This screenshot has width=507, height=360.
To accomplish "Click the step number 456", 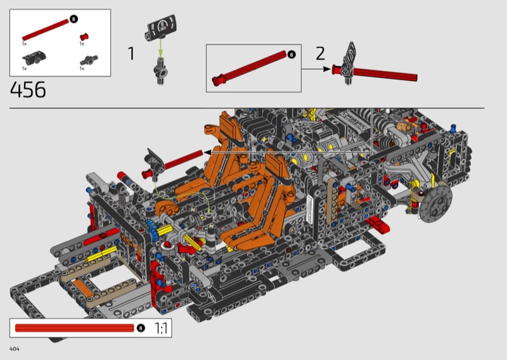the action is pyautogui.click(x=28, y=89).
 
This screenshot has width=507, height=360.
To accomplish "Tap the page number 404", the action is pyautogui.click(x=15, y=349).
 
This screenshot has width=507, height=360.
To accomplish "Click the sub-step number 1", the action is pyautogui.click(x=131, y=53).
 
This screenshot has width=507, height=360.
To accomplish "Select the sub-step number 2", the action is pyautogui.click(x=320, y=53).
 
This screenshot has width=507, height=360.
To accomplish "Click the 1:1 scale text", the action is pyautogui.click(x=161, y=328).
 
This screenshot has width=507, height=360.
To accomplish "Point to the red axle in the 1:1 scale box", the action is pyautogui.click(x=74, y=328).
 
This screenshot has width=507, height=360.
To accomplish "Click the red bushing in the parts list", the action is pyautogui.click(x=84, y=37).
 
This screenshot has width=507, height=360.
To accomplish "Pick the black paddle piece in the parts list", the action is pyautogui.click(x=34, y=58).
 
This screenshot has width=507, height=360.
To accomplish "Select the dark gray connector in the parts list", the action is pyautogui.click(x=89, y=60).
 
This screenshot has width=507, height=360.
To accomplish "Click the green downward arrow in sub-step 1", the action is pyautogui.click(x=160, y=48).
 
